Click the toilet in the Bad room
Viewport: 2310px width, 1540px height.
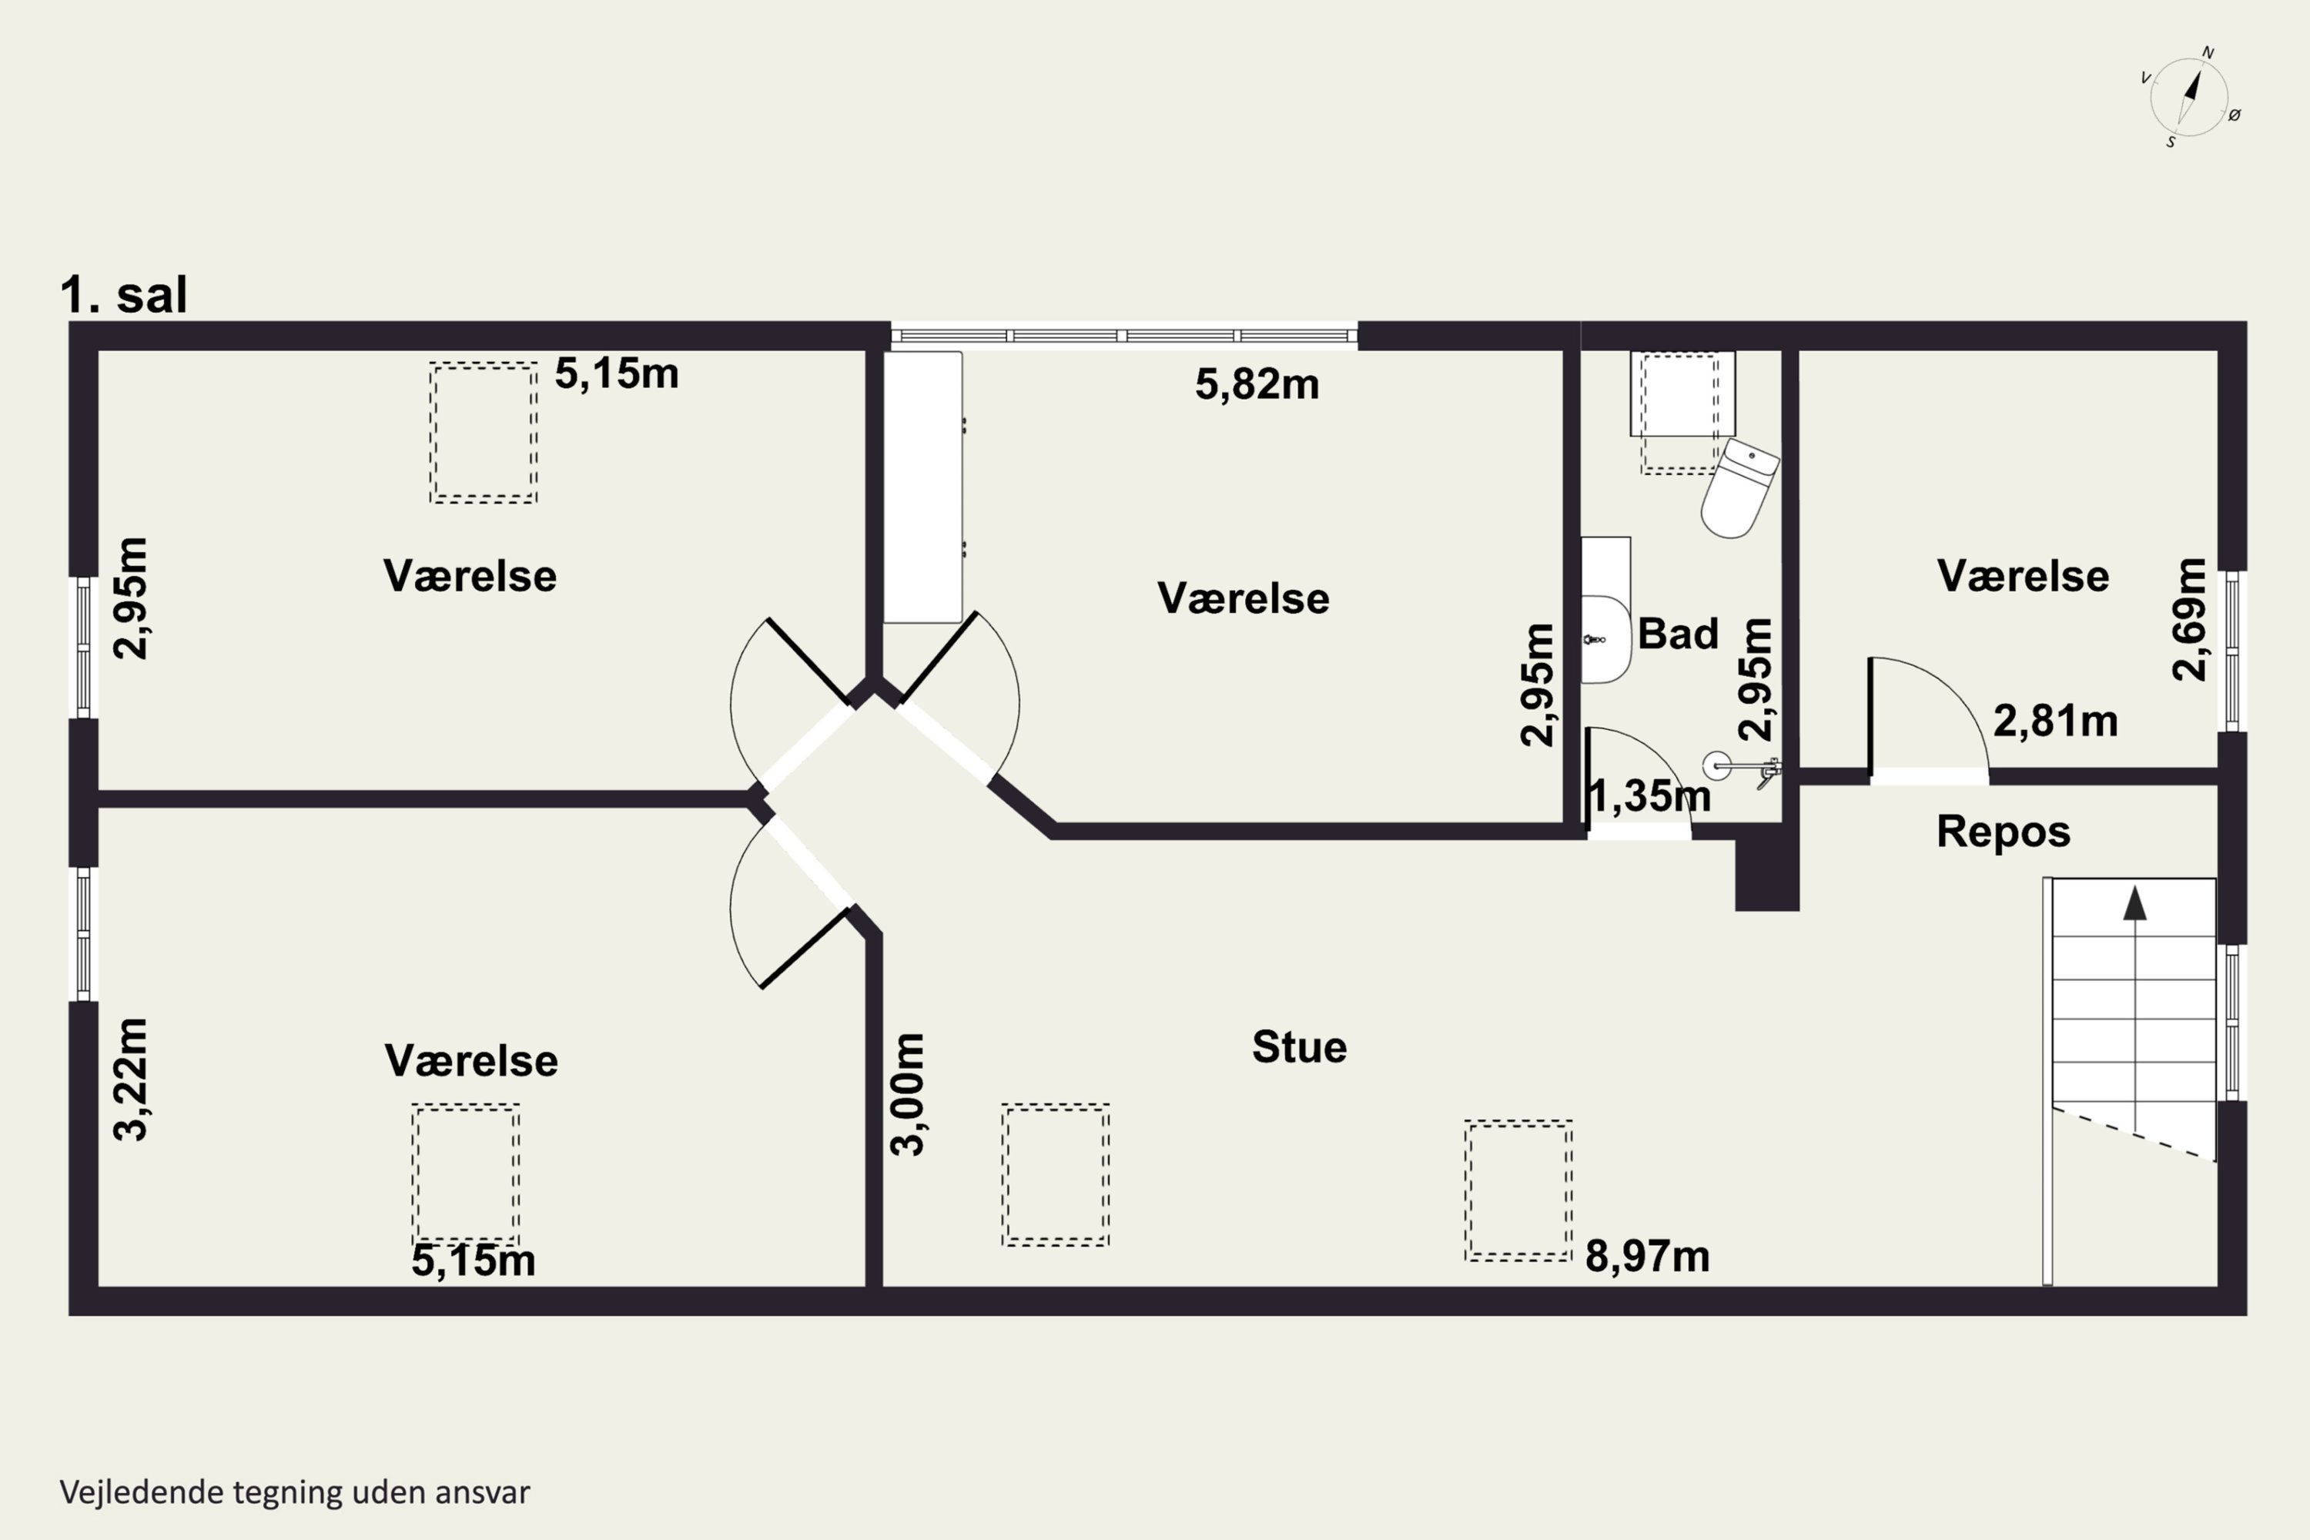(x=1739, y=488)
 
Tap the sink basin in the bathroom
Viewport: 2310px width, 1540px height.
(x=1605, y=639)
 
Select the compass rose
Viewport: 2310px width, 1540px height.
(x=2189, y=97)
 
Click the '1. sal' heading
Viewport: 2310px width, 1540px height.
(x=124, y=295)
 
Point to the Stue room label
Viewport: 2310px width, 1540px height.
(x=1298, y=1047)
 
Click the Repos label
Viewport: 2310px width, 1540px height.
(x=2004, y=832)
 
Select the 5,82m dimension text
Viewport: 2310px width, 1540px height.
(x=1257, y=384)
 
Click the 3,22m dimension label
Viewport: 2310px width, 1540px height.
(x=131, y=1080)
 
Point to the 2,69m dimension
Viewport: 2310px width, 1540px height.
(x=2189, y=620)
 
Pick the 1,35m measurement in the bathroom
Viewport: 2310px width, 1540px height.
(x=1649, y=796)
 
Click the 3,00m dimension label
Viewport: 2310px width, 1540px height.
(x=908, y=1094)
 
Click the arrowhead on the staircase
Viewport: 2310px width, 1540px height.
(x=2135, y=903)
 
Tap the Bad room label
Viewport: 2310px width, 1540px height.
(x=1678, y=634)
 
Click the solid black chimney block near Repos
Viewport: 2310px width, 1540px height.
(x=1767, y=870)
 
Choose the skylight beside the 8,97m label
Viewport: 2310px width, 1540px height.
(x=1518, y=1190)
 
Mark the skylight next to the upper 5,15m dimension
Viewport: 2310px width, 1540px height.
(x=484, y=433)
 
